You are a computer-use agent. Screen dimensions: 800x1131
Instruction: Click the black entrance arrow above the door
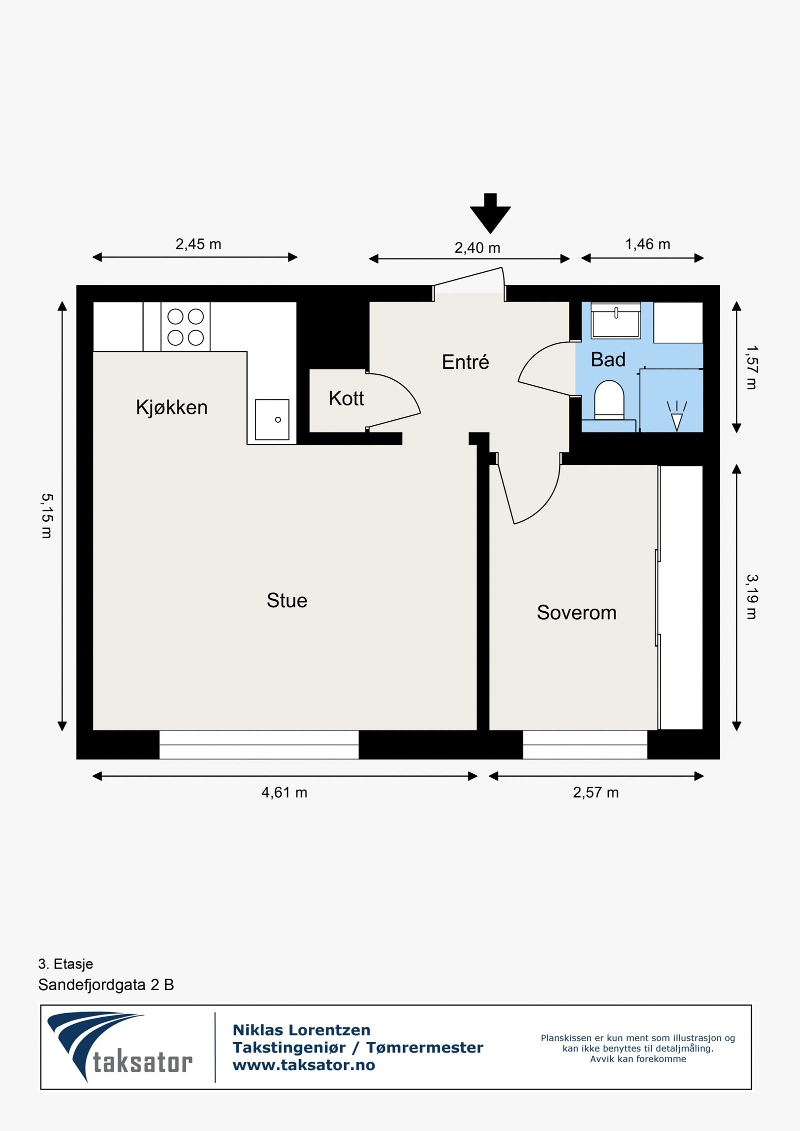click(x=490, y=213)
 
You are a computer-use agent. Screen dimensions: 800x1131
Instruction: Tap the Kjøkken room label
click(x=171, y=408)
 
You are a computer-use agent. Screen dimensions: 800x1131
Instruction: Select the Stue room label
click(x=287, y=600)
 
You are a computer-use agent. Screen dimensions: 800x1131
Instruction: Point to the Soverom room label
click(x=576, y=613)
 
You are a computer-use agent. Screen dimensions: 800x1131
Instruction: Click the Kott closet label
click(x=346, y=398)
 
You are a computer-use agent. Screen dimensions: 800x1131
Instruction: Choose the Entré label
click(x=465, y=362)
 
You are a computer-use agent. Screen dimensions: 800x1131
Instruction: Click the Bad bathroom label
click(x=608, y=360)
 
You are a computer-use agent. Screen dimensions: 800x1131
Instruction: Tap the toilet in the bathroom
click(x=609, y=400)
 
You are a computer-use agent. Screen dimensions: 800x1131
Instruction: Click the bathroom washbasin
click(x=615, y=321)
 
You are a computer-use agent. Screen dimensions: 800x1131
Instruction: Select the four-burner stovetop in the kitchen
click(x=185, y=326)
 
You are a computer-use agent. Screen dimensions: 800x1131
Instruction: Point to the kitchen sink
click(x=272, y=419)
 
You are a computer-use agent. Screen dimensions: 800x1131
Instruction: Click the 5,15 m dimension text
click(x=46, y=516)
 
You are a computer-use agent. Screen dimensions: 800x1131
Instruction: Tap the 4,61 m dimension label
click(x=284, y=793)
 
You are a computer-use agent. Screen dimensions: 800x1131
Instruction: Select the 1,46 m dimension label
click(x=647, y=244)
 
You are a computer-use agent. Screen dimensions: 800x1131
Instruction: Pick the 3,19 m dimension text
click(x=751, y=597)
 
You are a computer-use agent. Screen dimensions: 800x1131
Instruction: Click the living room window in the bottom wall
click(x=259, y=745)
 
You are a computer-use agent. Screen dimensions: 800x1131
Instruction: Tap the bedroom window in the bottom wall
click(x=585, y=745)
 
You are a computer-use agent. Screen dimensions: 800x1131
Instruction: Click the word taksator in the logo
click(x=142, y=1063)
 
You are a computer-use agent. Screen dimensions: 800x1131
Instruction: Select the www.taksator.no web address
click(x=304, y=1065)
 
